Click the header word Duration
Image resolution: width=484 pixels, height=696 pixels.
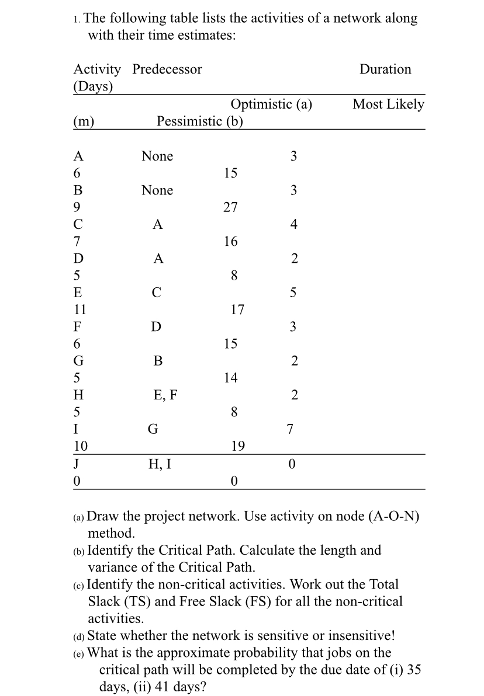tap(385, 69)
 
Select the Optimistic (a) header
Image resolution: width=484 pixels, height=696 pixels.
tap(271, 105)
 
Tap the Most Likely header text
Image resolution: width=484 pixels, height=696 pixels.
tap(388, 105)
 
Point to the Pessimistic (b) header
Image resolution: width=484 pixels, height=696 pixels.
tap(200, 121)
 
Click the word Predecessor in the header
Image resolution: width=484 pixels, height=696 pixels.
tap(167, 69)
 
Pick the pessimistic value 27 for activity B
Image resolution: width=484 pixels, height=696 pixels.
tap(230, 207)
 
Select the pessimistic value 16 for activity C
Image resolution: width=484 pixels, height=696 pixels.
tap(230, 241)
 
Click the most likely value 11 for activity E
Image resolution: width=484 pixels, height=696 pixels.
tap(80, 309)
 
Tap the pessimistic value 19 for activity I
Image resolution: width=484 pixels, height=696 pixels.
tap(237, 447)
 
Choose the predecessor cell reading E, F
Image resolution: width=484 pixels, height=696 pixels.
tap(165, 395)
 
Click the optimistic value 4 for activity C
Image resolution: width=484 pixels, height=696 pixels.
tap(294, 224)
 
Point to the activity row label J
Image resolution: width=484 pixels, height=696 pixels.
tap(77, 464)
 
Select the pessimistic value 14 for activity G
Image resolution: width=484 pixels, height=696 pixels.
tap(230, 378)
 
